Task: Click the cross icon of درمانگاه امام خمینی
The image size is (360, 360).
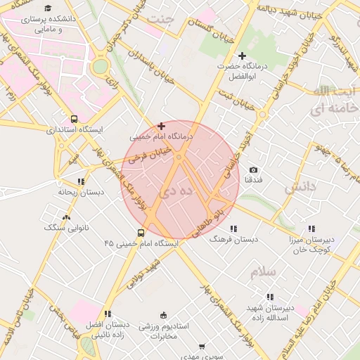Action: click(x=161, y=125)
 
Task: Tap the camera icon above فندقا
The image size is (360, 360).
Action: click(x=253, y=169)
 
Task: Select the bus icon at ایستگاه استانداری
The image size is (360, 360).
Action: click(x=75, y=119)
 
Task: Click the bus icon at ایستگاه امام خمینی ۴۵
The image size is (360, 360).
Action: click(x=141, y=233)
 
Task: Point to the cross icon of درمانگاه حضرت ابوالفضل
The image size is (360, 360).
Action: click(x=243, y=55)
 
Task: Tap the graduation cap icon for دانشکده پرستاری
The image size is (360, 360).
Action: click(x=48, y=8)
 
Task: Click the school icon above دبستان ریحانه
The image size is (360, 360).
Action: click(x=81, y=181)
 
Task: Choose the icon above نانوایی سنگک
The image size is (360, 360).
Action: click(x=67, y=217)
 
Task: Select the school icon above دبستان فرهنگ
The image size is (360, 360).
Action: click(x=233, y=228)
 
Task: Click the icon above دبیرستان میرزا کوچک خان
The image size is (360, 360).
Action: click(x=311, y=229)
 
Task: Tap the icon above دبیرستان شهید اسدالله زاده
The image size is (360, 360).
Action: click(x=270, y=297)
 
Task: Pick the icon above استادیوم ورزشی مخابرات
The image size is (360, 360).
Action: click(x=164, y=314)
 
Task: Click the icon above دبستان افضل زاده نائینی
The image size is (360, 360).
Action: click(x=107, y=314)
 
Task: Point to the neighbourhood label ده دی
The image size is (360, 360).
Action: click(x=169, y=190)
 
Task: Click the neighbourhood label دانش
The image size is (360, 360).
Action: click(x=300, y=188)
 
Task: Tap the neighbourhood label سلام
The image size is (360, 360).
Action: click(x=262, y=272)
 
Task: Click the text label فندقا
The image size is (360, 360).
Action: click(x=253, y=180)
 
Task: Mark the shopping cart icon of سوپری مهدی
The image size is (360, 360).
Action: click(x=202, y=347)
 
